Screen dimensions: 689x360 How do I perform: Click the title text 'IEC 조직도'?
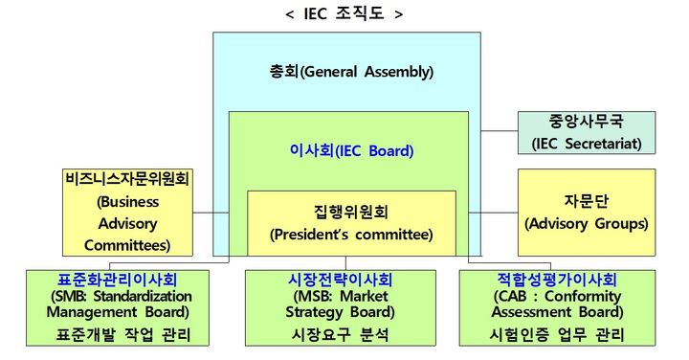(x=344, y=13)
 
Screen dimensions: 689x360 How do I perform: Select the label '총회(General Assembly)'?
(x=351, y=72)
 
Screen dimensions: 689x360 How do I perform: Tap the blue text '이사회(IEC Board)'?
(x=351, y=150)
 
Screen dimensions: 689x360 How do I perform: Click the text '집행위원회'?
(x=351, y=211)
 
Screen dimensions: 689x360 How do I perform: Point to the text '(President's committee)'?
(x=351, y=233)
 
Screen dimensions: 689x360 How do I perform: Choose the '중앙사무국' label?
(x=587, y=123)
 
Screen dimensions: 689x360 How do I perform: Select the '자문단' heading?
(x=587, y=201)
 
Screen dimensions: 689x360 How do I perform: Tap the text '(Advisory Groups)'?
(x=587, y=224)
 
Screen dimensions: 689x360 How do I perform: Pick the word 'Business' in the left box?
(x=128, y=202)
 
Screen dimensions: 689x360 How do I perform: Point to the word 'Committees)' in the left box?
(x=128, y=244)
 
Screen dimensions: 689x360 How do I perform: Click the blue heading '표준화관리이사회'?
(x=117, y=281)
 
